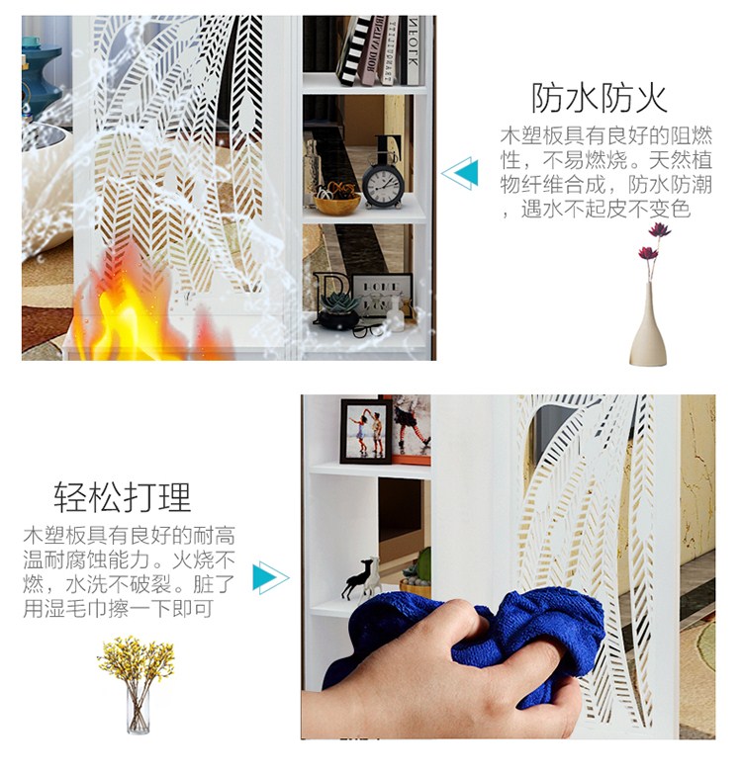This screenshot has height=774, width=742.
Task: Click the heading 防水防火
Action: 599,98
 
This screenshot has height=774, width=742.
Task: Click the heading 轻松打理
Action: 122,497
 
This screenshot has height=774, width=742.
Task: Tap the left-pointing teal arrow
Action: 460,173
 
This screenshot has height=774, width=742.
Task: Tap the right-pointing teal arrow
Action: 271,577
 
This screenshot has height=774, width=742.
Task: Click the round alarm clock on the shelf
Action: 383,181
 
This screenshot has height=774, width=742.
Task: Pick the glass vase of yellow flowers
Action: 137,685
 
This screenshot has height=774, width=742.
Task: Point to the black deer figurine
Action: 357,578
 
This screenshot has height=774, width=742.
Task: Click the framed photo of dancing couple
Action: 366,431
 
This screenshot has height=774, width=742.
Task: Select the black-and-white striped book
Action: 354,50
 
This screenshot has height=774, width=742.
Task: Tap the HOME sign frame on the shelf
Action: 383,295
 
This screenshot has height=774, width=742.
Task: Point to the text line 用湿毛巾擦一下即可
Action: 119,608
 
